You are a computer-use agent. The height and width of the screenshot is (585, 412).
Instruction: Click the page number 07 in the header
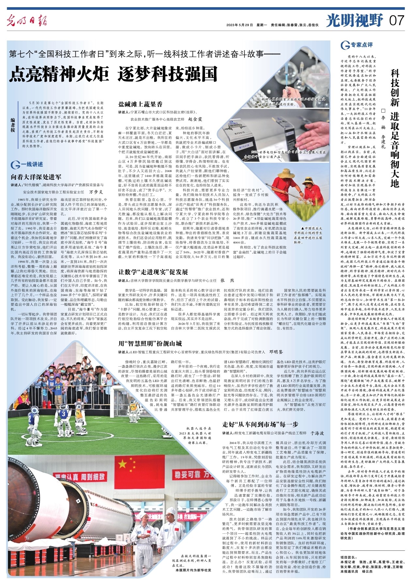397,21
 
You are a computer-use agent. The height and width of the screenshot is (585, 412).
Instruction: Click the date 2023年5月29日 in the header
240,25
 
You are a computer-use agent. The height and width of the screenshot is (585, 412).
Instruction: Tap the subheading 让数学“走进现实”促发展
153,272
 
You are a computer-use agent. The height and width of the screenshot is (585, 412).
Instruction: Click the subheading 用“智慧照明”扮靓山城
150,343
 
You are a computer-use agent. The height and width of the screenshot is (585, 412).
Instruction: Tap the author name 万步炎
96,192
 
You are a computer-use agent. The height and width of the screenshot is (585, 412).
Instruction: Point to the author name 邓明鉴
276,352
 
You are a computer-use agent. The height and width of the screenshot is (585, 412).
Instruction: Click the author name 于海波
317,433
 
